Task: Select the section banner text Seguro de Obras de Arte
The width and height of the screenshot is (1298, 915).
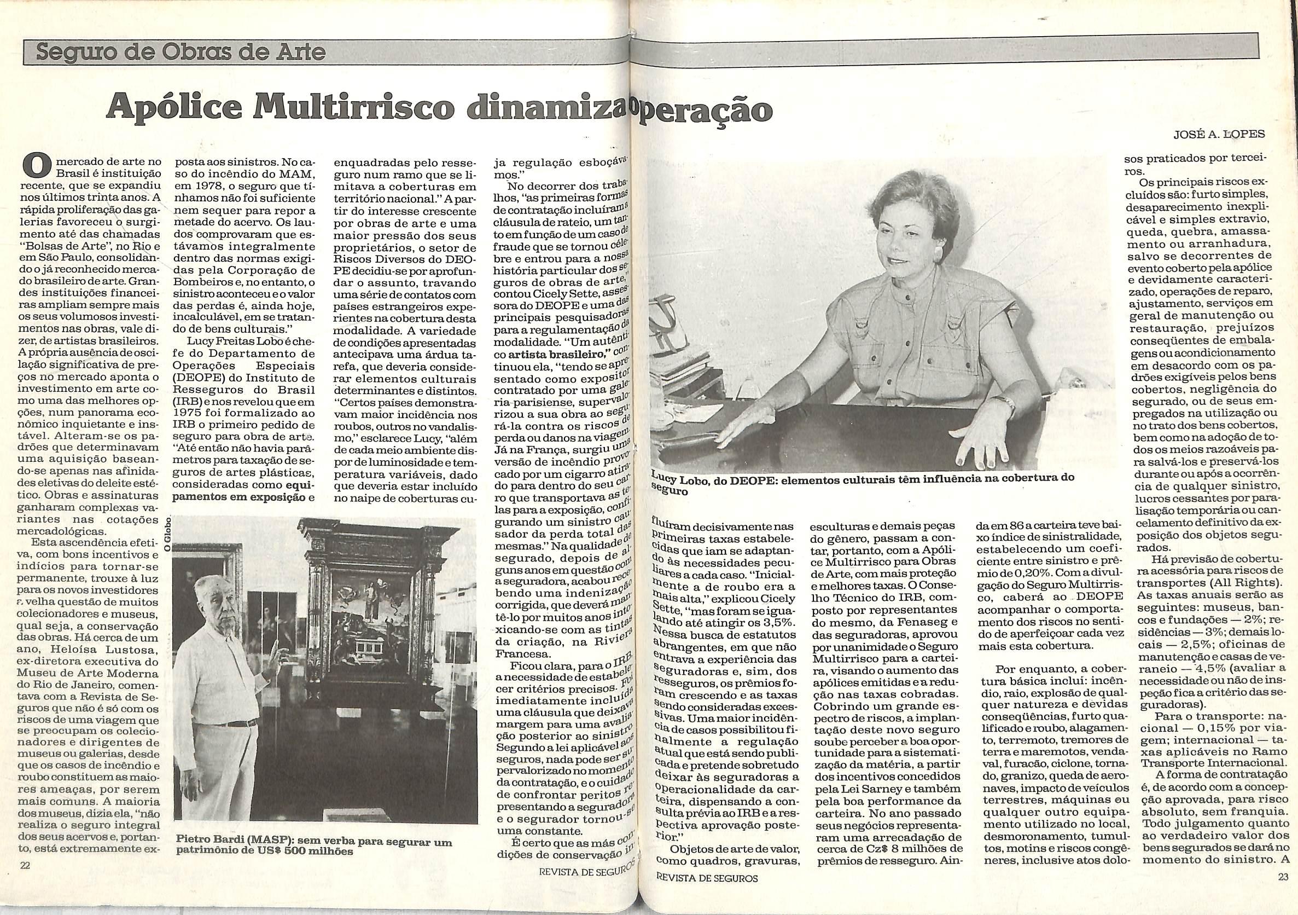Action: [x=181, y=53]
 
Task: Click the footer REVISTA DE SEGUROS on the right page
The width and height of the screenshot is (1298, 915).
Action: [x=707, y=894]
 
